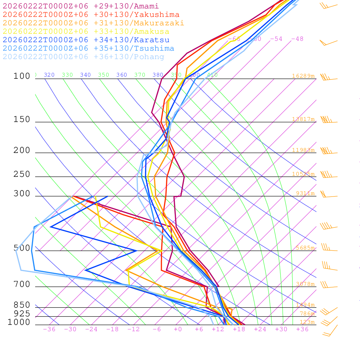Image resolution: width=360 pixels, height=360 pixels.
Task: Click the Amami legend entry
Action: (81, 6)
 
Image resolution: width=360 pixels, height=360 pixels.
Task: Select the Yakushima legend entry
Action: (91, 15)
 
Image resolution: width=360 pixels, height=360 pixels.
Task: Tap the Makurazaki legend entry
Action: (94, 23)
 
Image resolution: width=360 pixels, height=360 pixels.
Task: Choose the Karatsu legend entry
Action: (86, 40)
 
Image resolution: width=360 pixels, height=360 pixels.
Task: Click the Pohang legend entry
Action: (84, 57)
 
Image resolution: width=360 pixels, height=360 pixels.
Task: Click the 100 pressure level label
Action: (22, 76)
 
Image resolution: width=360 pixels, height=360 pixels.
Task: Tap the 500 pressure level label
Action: (22, 248)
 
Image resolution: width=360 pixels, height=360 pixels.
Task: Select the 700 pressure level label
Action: (22, 284)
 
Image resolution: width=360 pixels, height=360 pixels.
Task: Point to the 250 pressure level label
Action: (22, 174)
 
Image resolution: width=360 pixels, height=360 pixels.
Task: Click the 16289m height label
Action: (303, 76)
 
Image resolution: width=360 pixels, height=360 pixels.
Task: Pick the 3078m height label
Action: (305, 284)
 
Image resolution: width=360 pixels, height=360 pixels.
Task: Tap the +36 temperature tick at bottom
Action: (302, 329)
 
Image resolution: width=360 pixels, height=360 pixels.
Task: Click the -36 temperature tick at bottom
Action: (49, 329)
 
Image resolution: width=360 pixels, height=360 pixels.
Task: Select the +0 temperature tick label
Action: (178, 329)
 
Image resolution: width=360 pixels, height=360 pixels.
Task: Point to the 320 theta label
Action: (49, 75)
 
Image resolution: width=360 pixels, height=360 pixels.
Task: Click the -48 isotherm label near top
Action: (297, 39)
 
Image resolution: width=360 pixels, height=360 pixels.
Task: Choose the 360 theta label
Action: (122, 75)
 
